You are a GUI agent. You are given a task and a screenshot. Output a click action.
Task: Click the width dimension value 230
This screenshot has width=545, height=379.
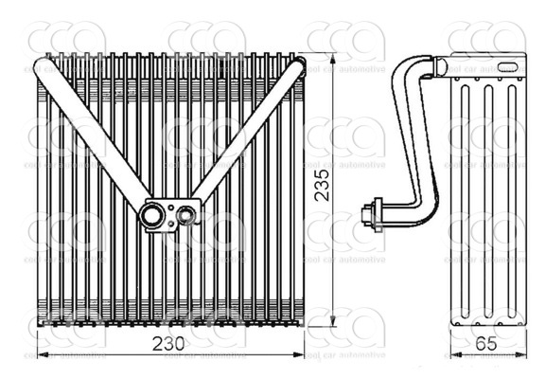click(x=170, y=341)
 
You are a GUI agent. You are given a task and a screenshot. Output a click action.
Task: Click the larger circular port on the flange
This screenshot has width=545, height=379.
click(x=151, y=216)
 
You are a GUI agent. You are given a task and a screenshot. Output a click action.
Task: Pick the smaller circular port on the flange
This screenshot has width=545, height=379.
click(x=186, y=216)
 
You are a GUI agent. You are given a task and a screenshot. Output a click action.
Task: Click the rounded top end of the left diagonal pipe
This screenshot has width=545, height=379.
click(x=43, y=65)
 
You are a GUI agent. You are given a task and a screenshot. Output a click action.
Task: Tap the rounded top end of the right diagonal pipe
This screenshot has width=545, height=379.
click(x=294, y=68)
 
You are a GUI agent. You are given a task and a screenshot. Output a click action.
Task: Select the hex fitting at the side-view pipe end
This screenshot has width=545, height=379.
click(x=377, y=212)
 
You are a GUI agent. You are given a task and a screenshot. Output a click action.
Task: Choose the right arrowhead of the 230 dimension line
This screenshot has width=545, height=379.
click(x=300, y=355)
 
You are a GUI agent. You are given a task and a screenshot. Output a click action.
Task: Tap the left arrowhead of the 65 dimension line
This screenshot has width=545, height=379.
click(x=454, y=355)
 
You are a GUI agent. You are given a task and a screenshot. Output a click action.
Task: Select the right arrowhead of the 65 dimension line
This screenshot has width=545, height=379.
click(x=521, y=355)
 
